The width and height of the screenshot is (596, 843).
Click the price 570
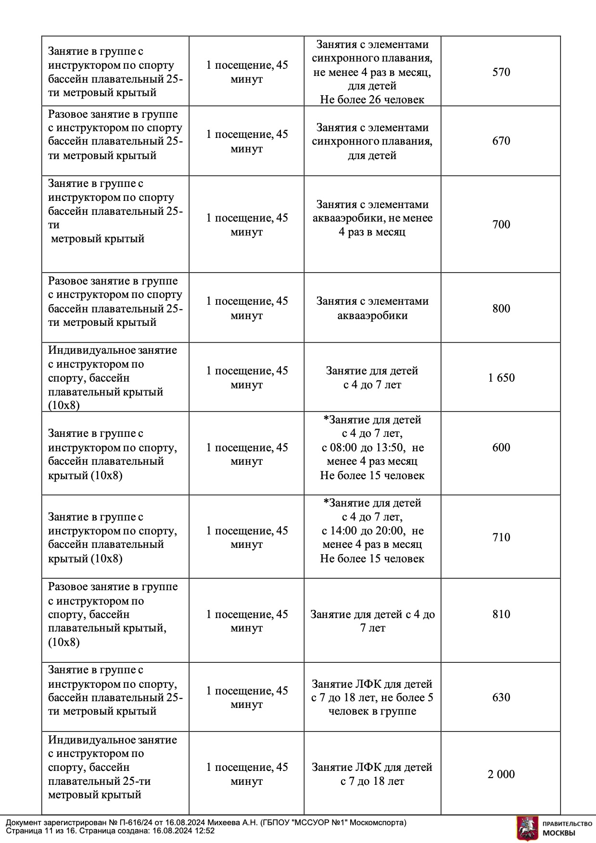(501, 72)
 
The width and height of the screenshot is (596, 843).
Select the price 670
(501, 141)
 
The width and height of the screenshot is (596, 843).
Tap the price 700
(501, 224)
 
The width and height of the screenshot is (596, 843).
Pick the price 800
(501, 309)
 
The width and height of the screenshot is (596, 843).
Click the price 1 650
(501, 378)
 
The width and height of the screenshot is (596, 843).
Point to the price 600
(501, 447)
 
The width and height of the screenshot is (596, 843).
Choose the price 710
(501, 537)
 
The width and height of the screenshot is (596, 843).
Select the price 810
(501, 614)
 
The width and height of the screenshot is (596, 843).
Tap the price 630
(501, 697)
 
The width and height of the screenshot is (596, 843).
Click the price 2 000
(501, 774)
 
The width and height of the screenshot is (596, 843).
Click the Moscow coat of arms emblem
(527, 828)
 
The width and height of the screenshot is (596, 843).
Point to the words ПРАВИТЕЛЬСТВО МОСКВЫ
(567, 828)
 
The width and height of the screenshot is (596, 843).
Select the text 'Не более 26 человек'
(372, 100)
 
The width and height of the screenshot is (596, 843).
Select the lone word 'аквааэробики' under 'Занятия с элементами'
(372, 316)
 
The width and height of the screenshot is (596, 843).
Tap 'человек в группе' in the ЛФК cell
(372, 711)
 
